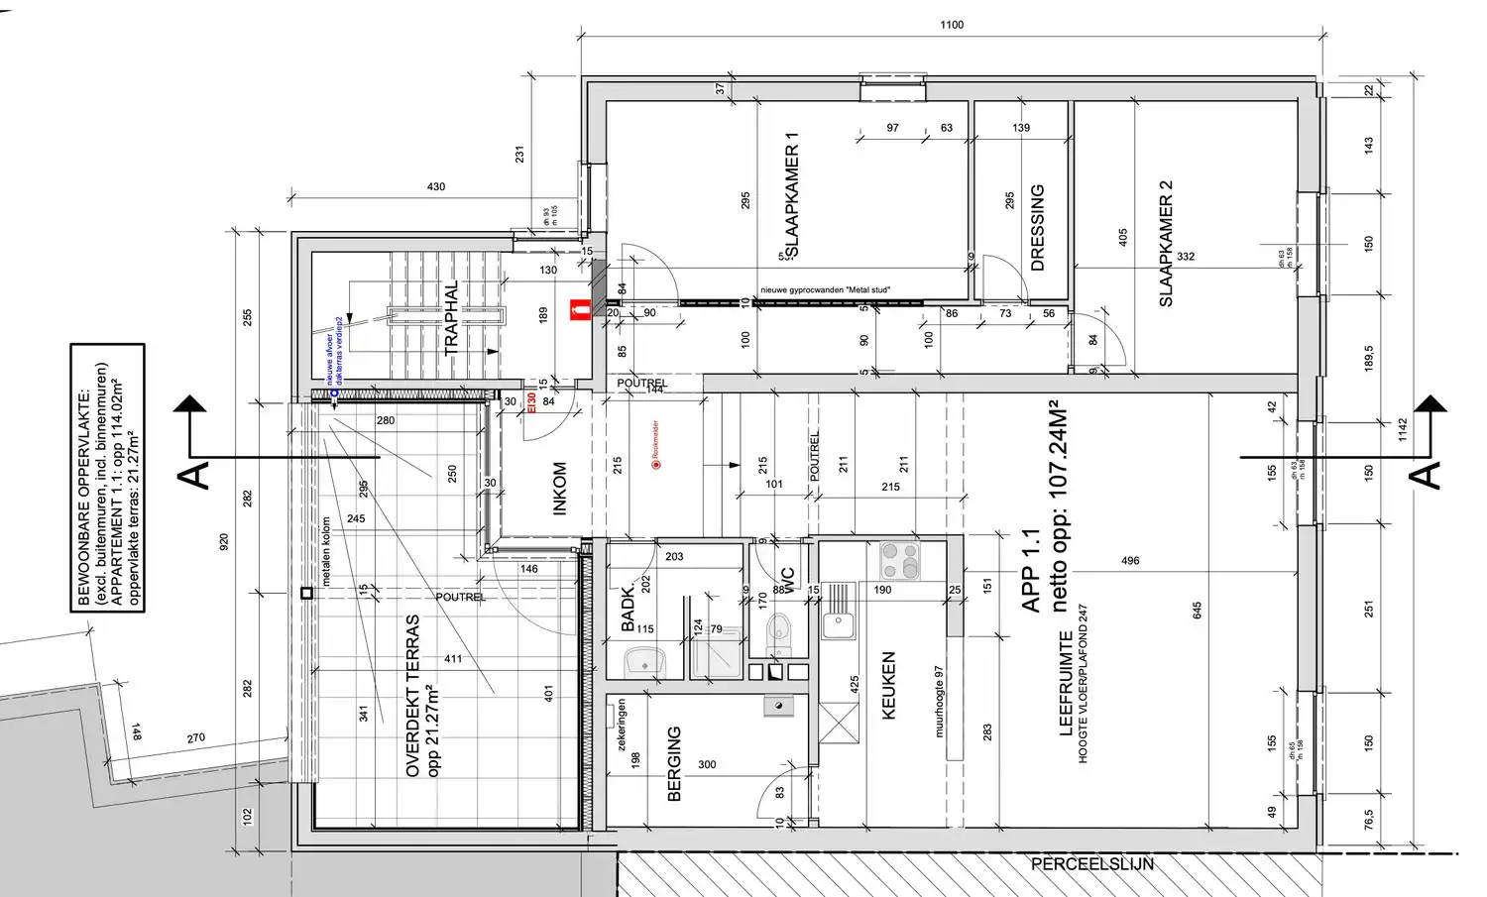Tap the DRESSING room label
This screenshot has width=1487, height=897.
1038,227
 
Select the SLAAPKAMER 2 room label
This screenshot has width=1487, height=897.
1166,243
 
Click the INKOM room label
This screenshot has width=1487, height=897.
560,489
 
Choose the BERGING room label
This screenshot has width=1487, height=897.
675,763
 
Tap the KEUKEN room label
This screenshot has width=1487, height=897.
888,685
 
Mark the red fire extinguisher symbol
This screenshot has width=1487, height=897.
578,311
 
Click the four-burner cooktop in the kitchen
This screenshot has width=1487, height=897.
900,561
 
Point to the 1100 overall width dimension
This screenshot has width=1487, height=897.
952,25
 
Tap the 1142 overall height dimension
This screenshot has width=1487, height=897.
1402,429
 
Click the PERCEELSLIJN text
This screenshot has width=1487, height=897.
1091,864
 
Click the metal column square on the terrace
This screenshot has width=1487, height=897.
307,593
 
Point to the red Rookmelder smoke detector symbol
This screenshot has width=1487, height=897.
656,464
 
